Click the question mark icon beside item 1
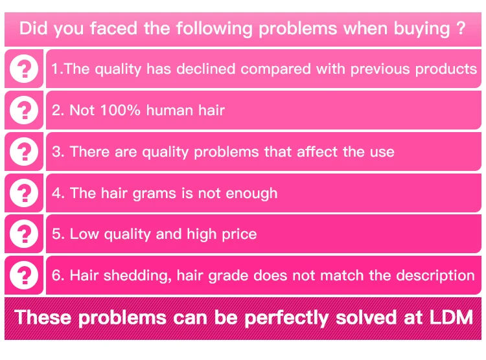point(24,69)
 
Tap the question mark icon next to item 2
point(24,110)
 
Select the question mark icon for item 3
point(24,152)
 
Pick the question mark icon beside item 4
point(24,193)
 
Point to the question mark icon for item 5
point(24,234)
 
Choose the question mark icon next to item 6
point(24,275)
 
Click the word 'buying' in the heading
point(422,29)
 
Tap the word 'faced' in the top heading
point(113,28)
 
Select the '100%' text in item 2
point(121,110)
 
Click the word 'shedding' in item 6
point(137,276)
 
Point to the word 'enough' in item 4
point(251,194)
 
